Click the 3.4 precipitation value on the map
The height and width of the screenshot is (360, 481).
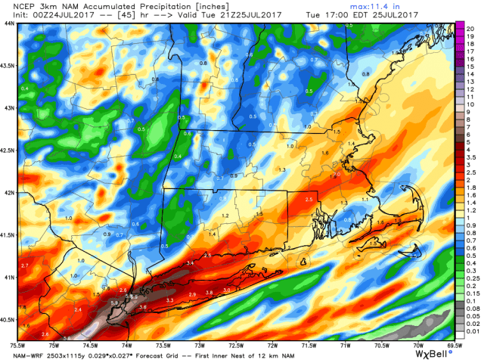(x=190, y=262)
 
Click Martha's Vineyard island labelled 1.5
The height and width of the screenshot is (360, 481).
(x=372, y=243)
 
